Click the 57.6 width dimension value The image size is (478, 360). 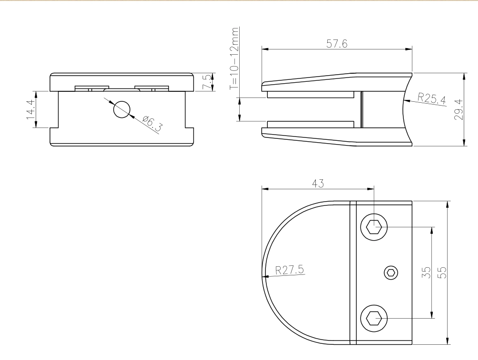337,44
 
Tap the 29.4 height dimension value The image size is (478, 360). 459,110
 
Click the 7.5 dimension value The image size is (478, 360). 207,82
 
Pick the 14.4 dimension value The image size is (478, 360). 31,109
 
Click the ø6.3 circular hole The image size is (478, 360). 122,109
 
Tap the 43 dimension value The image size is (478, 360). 318,184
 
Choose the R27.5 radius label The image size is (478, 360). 290,270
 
